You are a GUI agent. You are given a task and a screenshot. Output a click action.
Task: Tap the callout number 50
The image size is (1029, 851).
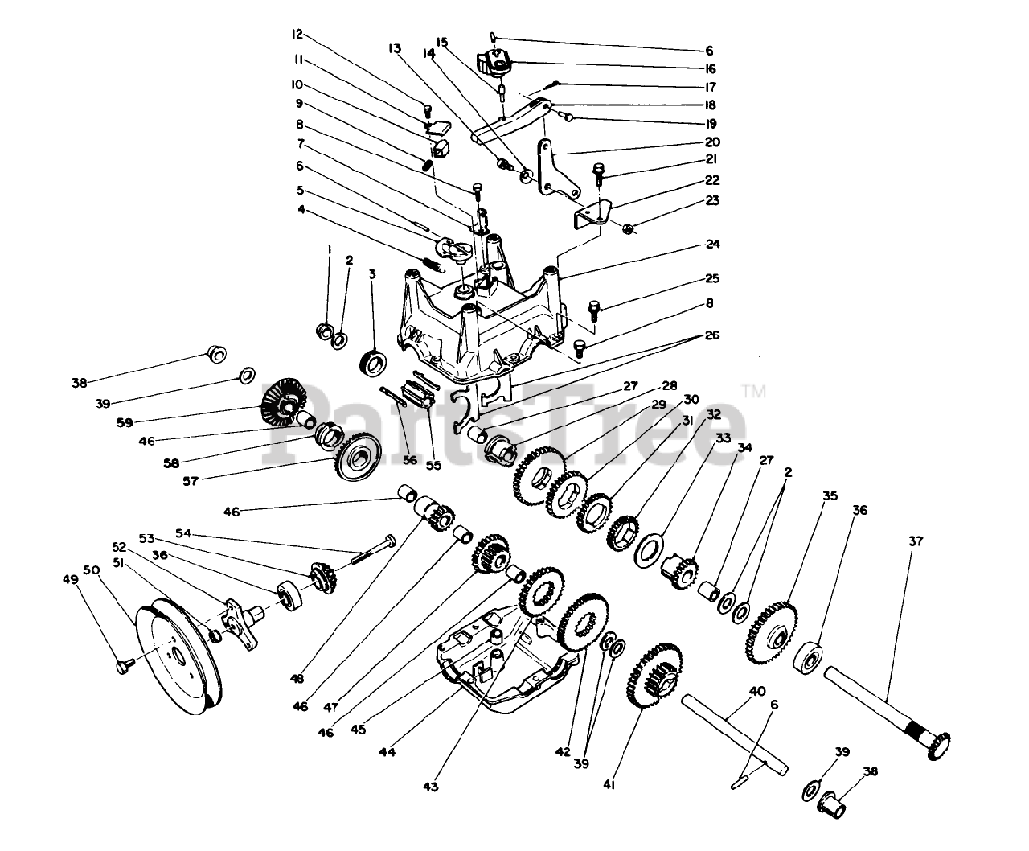point(92,569)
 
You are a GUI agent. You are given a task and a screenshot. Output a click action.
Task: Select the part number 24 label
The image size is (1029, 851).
point(714,244)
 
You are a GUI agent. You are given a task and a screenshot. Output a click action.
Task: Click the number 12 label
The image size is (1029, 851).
point(297,35)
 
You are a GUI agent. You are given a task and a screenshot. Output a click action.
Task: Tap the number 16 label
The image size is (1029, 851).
point(711,69)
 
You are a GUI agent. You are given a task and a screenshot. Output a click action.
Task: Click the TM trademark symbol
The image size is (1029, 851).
point(753,392)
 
